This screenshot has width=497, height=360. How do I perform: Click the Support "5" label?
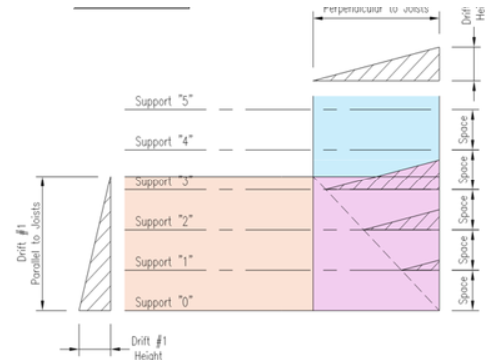click(x=163, y=101)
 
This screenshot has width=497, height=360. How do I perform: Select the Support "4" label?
click(x=163, y=142)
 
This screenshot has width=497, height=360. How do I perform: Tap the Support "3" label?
click(x=163, y=182)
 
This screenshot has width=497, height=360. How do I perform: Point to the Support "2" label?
click(x=163, y=221)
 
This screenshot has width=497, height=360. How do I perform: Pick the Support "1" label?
click(x=163, y=262)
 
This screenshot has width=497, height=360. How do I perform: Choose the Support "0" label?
click(x=163, y=301)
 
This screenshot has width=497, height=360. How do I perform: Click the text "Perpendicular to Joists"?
click(x=376, y=10)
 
